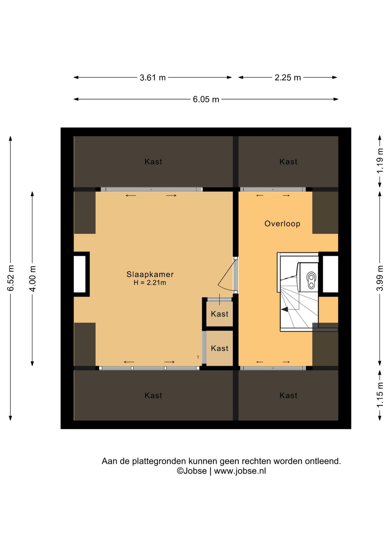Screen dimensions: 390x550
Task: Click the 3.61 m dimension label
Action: (152, 78)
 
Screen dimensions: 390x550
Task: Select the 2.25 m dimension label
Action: (288, 78)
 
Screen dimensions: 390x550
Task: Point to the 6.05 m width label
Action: (206, 99)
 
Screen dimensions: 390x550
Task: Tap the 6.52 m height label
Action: (10, 278)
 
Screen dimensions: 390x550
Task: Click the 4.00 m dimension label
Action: (32, 278)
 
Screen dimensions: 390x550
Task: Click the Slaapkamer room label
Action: (150, 274)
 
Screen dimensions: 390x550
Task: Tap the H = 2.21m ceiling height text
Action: (150, 283)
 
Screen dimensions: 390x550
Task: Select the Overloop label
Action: (282, 224)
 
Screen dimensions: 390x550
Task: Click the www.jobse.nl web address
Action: (240, 471)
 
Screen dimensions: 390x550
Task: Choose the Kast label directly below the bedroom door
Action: (220, 314)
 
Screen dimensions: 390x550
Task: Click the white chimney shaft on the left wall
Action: (80, 274)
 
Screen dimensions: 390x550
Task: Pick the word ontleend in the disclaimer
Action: (323, 461)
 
